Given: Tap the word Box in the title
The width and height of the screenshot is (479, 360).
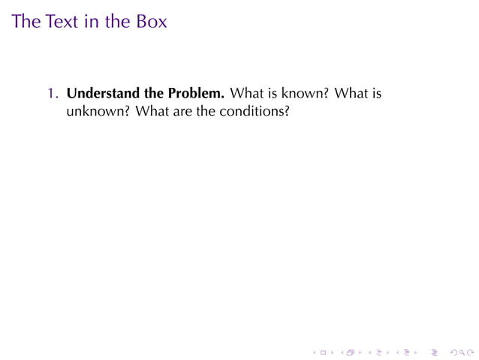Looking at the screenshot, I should (151, 21).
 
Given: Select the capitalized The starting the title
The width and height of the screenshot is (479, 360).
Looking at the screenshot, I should (26, 21).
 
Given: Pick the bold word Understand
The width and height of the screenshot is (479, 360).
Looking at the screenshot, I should (101, 95).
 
